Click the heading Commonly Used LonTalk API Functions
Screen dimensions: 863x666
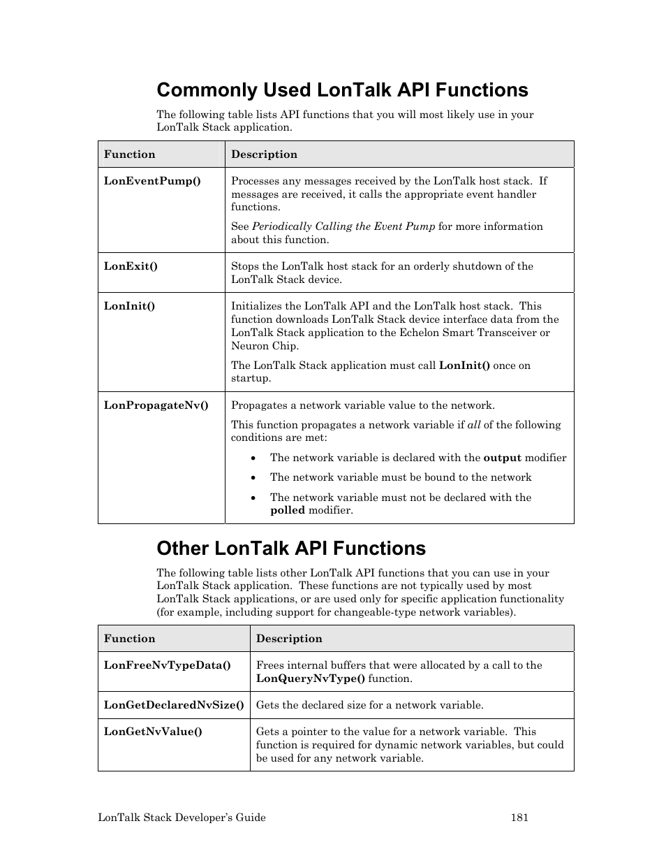(x=342, y=90)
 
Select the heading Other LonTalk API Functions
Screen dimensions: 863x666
(x=291, y=549)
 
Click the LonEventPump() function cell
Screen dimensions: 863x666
(x=152, y=181)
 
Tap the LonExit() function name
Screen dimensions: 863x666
(x=131, y=266)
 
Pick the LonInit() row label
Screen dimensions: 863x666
(x=129, y=306)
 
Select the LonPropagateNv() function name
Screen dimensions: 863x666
(x=156, y=405)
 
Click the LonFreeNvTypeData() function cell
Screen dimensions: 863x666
(x=167, y=665)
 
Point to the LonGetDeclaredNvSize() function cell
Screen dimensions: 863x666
(x=174, y=705)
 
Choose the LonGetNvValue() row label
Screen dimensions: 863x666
(x=153, y=732)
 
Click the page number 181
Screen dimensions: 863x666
(x=519, y=818)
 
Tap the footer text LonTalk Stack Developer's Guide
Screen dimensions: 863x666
(x=182, y=818)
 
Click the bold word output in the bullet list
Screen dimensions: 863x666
(x=503, y=458)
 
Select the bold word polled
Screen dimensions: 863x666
(x=288, y=510)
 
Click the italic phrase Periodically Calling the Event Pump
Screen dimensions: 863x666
(x=343, y=226)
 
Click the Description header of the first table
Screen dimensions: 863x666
(x=264, y=154)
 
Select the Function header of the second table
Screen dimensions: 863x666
(x=129, y=639)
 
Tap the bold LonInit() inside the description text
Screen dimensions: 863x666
(x=464, y=365)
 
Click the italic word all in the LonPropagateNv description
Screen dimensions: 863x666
(x=474, y=425)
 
